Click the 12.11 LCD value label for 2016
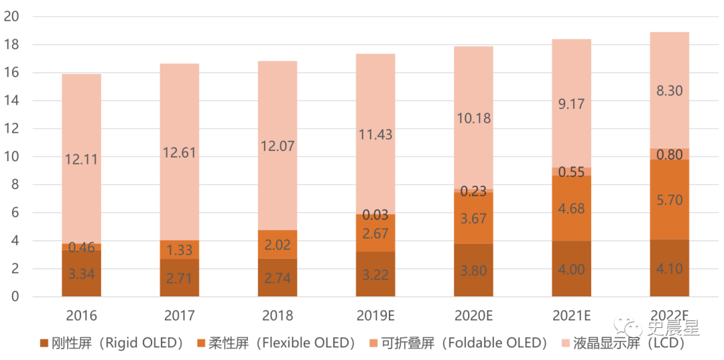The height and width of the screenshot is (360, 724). (81, 160)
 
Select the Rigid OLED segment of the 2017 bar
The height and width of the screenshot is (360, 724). (179, 278)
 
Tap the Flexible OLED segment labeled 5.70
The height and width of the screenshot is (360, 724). (670, 200)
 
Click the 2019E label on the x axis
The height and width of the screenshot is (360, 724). (375, 315)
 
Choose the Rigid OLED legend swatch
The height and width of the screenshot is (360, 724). (45, 344)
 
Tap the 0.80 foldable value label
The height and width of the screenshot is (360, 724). (670, 155)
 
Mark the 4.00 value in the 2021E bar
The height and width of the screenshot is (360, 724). (571, 269)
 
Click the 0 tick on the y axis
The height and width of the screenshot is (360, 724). (14, 296)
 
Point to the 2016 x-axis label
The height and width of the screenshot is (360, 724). (81, 315)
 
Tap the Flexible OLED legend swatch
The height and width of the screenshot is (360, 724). (200, 344)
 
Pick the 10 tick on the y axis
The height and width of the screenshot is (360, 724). (11, 157)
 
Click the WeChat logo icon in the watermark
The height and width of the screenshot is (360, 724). (634, 328)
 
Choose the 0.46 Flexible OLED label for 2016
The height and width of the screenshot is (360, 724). (81, 247)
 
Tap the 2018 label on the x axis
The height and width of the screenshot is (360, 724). (277, 315)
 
